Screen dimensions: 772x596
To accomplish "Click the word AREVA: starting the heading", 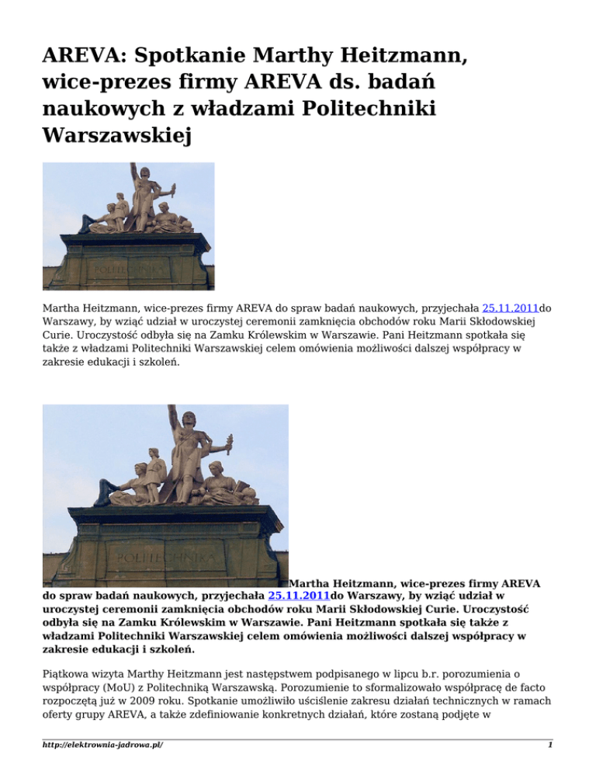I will point(81,56).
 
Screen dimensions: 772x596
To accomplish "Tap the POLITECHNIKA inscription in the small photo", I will point(128,268).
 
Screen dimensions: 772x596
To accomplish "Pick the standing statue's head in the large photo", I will point(186,424).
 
